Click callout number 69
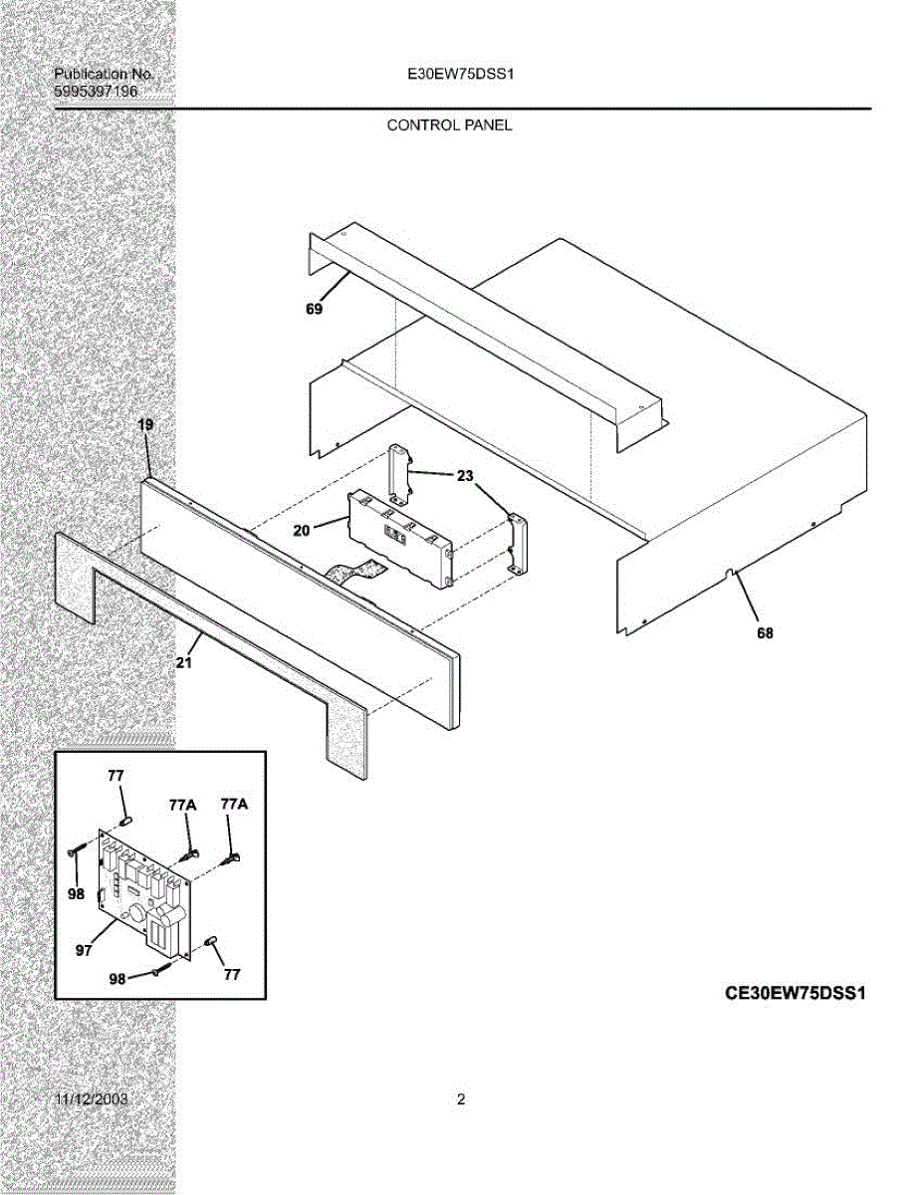pyautogui.click(x=314, y=310)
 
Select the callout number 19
pyautogui.click(x=145, y=425)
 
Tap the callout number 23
pyautogui.click(x=465, y=476)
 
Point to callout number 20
pyautogui.click(x=303, y=531)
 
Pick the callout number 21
pyautogui.click(x=183, y=663)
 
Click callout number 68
pyautogui.click(x=765, y=632)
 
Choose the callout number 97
pyautogui.click(x=84, y=950)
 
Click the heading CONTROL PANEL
pyautogui.click(x=449, y=125)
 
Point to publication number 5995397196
pyautogui.click(x=96, y=92)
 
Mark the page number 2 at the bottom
pyautogui.click(x=461, y=1100)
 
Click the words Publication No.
pyautogui.click(x=103, y=75)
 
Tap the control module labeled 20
pyautogui.click(x=398, y=538)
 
